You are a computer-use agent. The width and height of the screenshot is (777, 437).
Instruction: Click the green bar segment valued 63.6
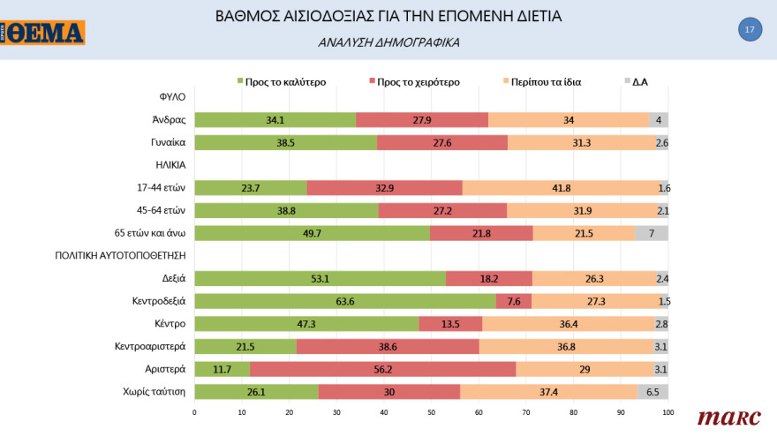[344, 301]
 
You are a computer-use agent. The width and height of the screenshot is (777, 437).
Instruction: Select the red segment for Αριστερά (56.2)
[383, 369]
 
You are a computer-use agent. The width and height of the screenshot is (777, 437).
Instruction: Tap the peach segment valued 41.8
[562, 187]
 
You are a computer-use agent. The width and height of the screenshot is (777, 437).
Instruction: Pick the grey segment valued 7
[652, 233]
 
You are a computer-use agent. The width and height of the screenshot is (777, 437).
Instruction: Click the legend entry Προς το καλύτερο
[282, 82]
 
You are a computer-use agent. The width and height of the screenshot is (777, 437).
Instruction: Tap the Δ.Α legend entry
[636, 82]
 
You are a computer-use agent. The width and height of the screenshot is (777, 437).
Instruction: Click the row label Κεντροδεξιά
[157, 301]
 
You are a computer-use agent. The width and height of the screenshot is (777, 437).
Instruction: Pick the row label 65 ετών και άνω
[149, 233]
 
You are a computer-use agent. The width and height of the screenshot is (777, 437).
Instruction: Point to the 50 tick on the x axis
[431, 412]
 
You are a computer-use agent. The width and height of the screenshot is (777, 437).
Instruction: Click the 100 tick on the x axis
[668, 412]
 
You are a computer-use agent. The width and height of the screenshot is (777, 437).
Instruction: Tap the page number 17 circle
[749, 29]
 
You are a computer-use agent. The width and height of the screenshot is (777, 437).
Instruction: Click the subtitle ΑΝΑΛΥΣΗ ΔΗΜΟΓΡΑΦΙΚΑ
[388, 42]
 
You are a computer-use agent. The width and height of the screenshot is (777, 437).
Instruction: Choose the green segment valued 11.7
[222, 369]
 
